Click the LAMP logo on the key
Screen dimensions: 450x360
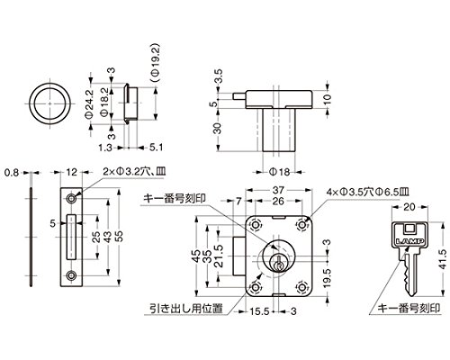pyautogui.click(x=409, y=241)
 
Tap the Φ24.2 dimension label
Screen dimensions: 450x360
pyautogui.click(x=89, y=103)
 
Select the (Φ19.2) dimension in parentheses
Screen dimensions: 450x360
pyautogui.click(x=156, y=63)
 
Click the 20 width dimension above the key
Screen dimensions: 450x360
pyautogui.click(x=409, y=207)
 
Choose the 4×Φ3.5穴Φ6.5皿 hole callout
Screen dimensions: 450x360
pyautogui.click(x=368, y=192)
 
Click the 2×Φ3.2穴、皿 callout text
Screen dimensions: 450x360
pyautogui.click(x=134, y=172)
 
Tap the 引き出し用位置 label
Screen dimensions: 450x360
pyautogui.click(x=186, y=308)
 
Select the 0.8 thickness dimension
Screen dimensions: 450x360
pyautogui.click(x=12, y=173)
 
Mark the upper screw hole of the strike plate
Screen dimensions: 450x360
pyautogui.click(x=71, y=199)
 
